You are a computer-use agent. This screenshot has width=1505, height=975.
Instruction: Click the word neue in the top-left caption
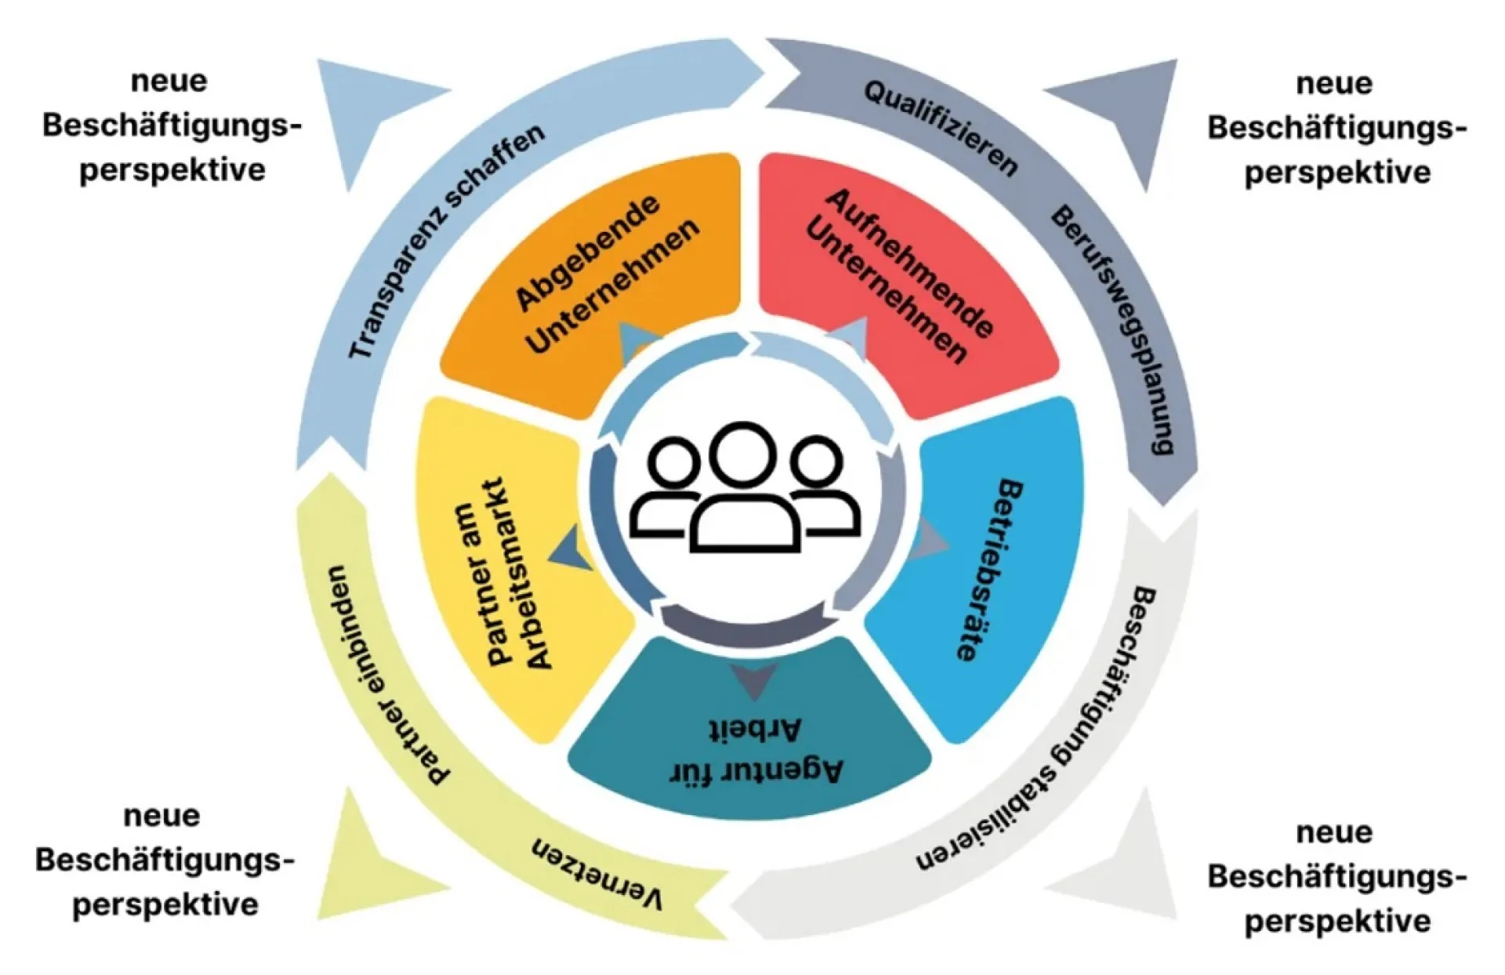click(x=169, y=81)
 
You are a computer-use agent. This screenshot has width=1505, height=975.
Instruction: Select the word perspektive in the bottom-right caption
click(x=1337, y=920)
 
